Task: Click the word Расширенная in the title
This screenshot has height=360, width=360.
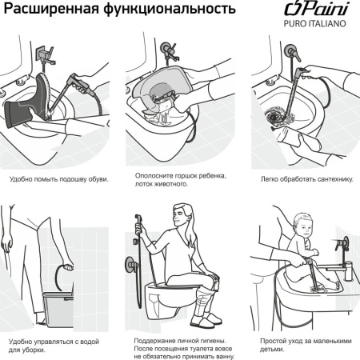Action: click(x=50, y=11)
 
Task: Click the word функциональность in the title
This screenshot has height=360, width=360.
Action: click(x=166, y=11)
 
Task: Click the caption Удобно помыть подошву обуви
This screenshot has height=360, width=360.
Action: click(x=58, y=178)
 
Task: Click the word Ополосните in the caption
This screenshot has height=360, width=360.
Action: click(x=150, y=175)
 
